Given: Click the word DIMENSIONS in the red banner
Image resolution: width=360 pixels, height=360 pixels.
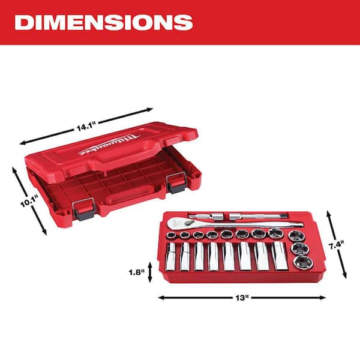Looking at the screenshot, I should [x=103, y=22].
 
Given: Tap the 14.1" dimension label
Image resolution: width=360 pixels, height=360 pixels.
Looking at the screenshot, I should [x=85, y=127].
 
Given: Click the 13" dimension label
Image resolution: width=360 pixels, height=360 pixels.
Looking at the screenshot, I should [x=242, y=296].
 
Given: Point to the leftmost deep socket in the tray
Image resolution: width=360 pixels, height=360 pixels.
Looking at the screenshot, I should [x=170, y=255].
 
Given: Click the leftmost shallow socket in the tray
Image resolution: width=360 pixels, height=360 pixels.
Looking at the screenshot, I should [x=172, y=235].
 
